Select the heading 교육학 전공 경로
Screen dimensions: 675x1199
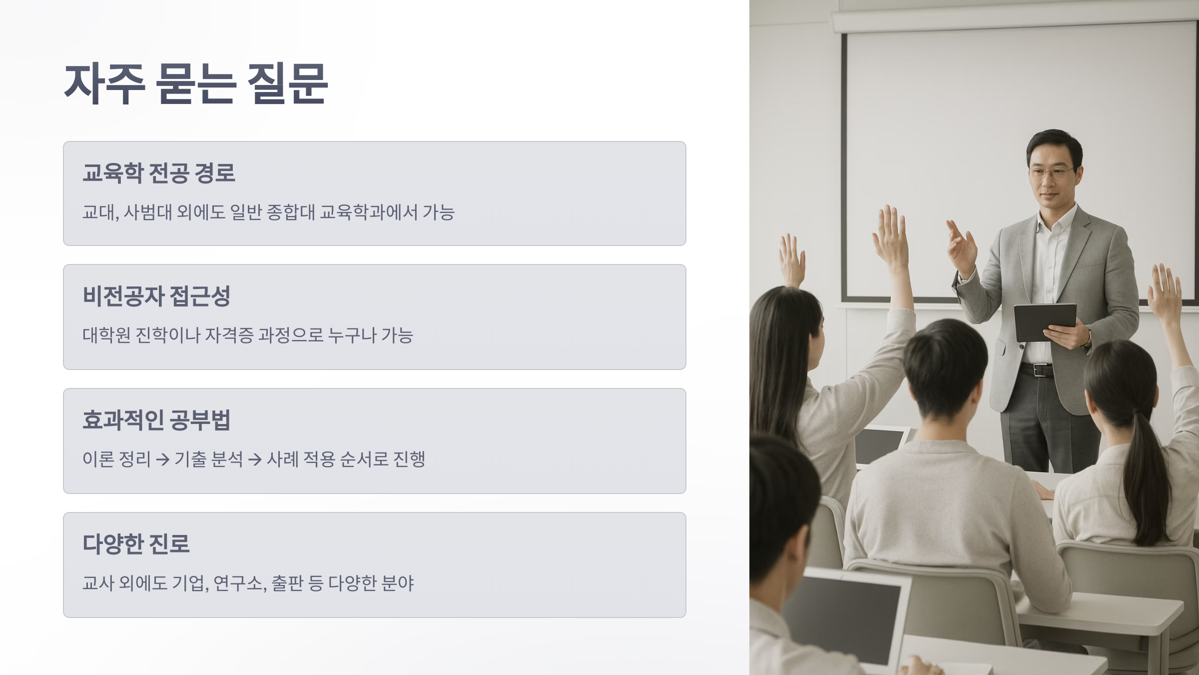pyautogui.click(x=159, y=173)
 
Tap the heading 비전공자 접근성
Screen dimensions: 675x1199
pyautogui.click(x=156, y=296)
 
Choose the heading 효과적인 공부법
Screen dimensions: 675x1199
pyautogui.click(x=156, y=420)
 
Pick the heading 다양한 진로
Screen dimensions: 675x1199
pyautogui.click(x=136, y=544)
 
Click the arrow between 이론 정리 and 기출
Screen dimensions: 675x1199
pyautogui.click(x=162, y=459)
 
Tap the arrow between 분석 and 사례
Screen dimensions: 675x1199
pyautogui.click(x=255, y=459)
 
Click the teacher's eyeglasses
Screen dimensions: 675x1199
pyautogui.click(x=1050, y=173)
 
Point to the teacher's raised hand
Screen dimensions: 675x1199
pyautogui.click(x=962, y=245)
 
